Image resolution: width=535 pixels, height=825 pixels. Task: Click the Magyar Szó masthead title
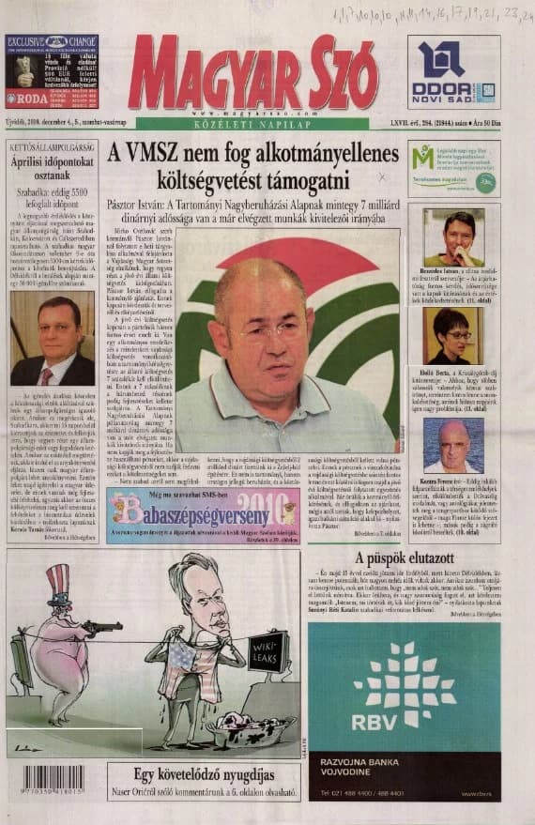[252, 74]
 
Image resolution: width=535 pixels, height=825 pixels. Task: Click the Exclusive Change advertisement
[51, 71]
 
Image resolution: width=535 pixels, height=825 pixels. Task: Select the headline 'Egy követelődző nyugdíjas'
[203, 775]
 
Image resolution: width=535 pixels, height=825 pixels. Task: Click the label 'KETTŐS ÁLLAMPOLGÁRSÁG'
[52, 148]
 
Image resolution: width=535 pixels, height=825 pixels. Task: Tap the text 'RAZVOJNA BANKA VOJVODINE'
[374, 765]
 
